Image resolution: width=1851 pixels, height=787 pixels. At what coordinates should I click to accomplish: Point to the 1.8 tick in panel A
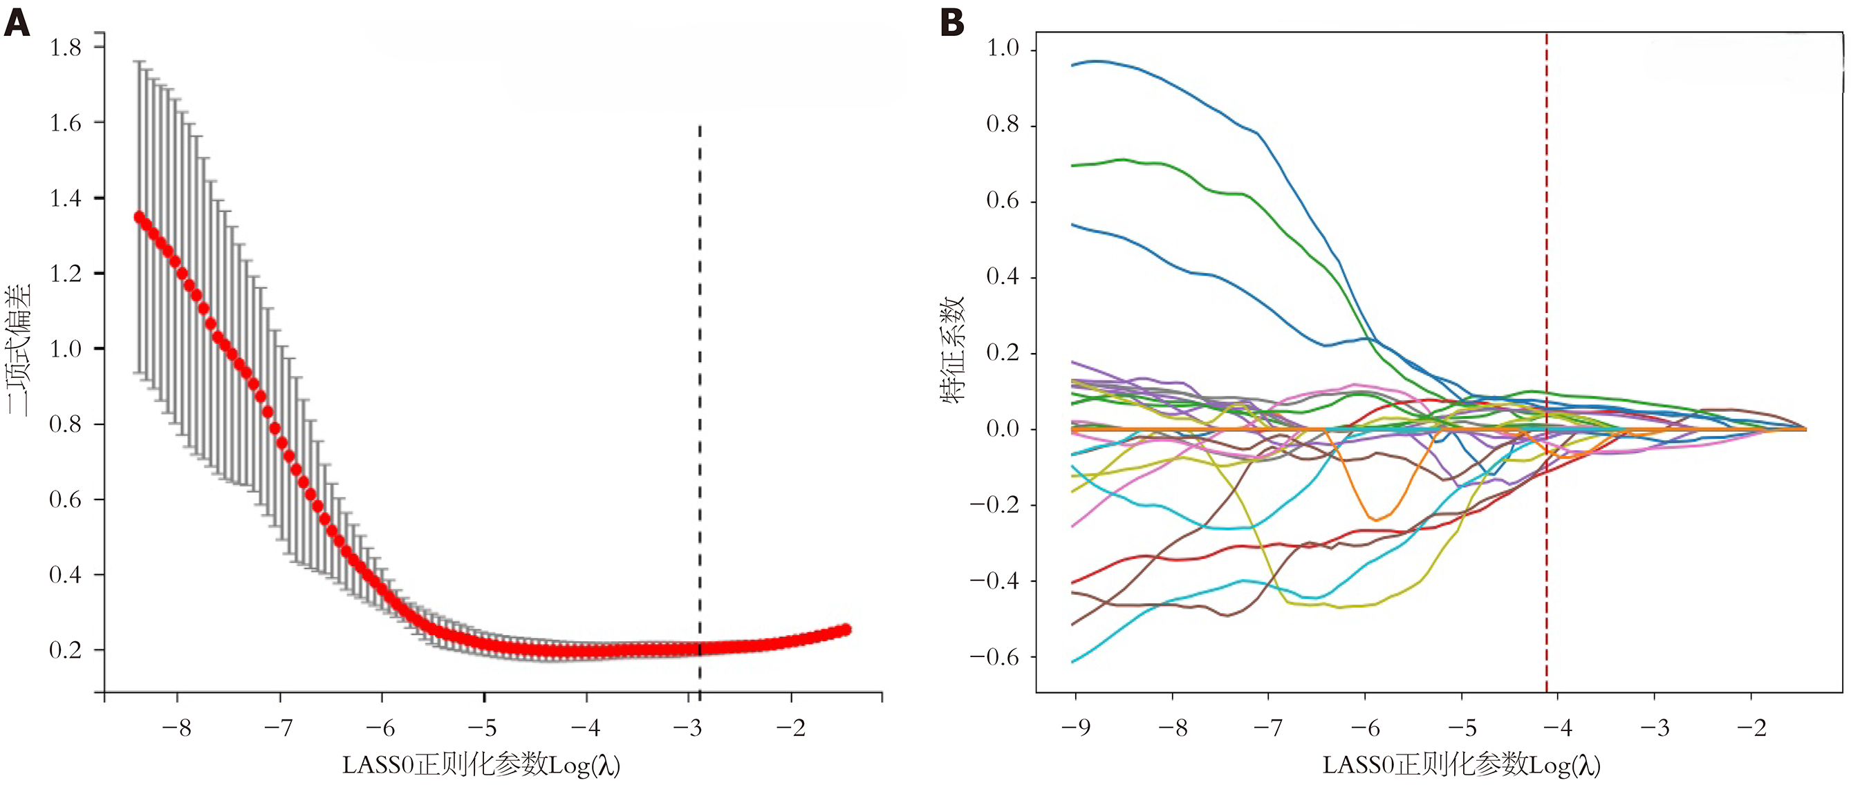pos(66,48)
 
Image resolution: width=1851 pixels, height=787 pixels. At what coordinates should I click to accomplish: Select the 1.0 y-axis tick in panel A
pos(66,349)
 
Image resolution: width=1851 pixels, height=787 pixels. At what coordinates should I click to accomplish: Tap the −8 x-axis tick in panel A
pos(176,728)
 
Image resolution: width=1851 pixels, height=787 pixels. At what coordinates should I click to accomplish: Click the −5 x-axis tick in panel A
pos(483,728)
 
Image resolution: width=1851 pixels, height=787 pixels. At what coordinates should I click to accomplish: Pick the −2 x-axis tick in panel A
pos(790,728)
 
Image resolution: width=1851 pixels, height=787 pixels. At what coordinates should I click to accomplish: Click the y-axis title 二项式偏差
pos(19,350)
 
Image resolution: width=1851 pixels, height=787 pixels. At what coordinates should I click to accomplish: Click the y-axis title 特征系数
pos(953,350)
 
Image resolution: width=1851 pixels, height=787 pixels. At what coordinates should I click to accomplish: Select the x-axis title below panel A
pos(481,766)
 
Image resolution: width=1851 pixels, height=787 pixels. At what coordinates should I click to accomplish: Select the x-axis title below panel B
pos(1462,766)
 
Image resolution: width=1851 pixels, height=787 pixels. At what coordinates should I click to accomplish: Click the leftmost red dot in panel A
pos(140,216)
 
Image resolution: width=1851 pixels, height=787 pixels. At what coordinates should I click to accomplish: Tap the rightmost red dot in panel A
pos(846,629)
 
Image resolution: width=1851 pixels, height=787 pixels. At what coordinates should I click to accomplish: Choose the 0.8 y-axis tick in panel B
pos(1003,125)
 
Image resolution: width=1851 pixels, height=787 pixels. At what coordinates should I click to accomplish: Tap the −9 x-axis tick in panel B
pos(1076,728)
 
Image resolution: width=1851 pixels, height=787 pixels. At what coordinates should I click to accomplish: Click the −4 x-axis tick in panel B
pos(1558,728)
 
